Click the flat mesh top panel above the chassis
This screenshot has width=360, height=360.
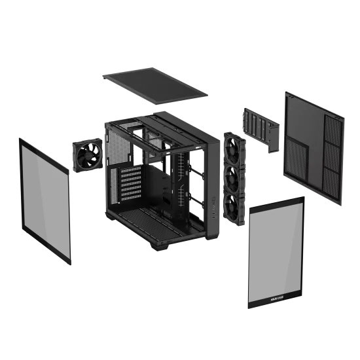coord(155,84)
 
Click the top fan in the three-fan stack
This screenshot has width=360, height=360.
coord(232,148)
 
